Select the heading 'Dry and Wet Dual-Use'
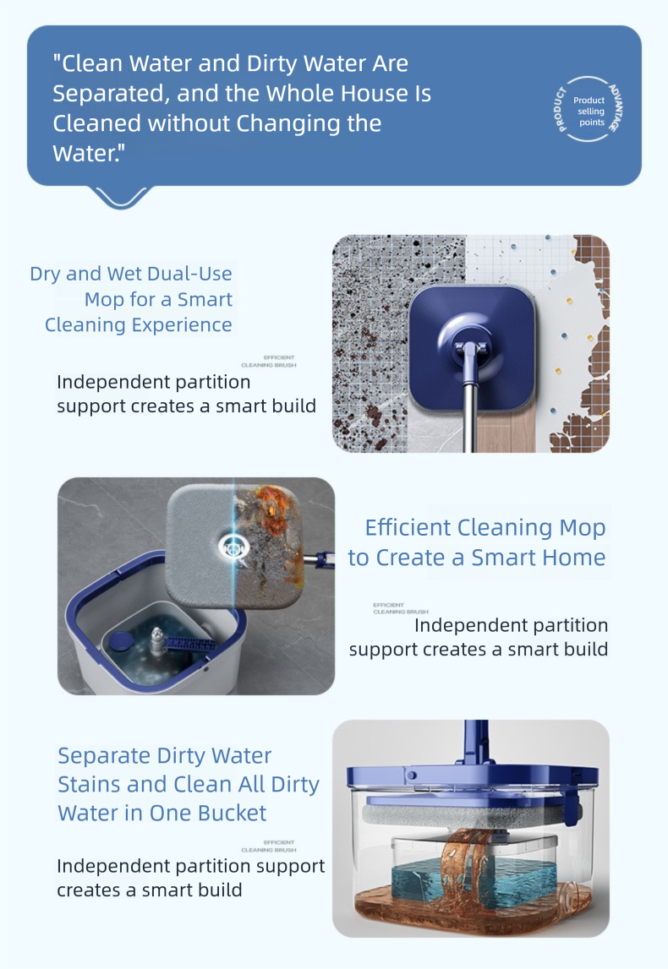click(131, 274)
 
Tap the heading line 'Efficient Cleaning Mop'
click(485, 528)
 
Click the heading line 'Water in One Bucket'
click(162, 813)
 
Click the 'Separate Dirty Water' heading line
click(164, 755)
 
